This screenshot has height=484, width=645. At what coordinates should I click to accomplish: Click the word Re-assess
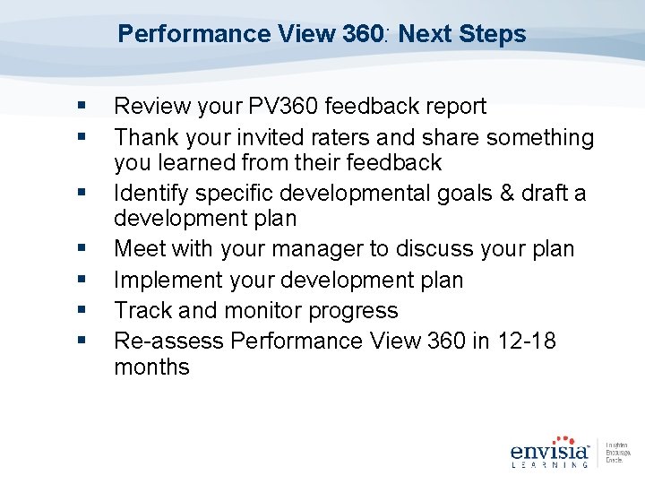click(x=168, y=341)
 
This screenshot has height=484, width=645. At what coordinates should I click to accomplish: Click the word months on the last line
click(x=151, y=367)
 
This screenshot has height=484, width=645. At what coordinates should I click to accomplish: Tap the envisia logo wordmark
click(x=549, y=449)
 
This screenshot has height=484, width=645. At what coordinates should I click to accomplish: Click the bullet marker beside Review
click(x=82, y=107)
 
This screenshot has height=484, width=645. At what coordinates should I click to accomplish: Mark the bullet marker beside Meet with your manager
click(x=82, y=248)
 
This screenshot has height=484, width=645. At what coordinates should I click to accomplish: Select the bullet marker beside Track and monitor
click(x=82, y=310)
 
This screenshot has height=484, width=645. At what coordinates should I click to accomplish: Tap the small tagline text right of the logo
click(x=617, y=452)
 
